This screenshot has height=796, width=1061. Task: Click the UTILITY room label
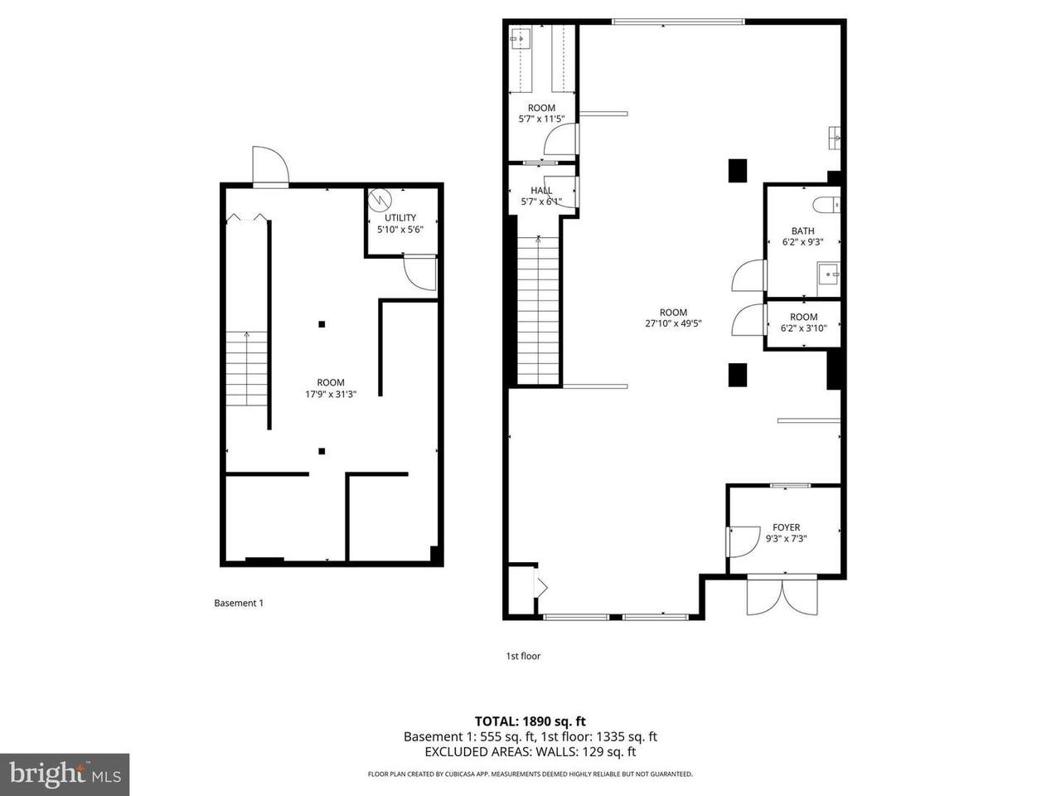click(x=400, y=217)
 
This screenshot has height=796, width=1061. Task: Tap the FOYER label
click(x=786, y=527)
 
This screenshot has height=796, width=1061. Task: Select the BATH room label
click(x=802, y=231)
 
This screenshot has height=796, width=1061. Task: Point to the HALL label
click(x=541, y=191)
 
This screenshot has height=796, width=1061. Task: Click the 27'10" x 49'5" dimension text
click(x=673, y=324)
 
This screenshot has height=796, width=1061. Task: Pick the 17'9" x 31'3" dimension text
click(x=331, y=394)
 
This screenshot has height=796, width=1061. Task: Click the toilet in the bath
click(x=826, y=206)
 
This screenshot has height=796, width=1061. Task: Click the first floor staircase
click(x=539, y=309)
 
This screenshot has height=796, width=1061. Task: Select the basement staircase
click(x=246, y=368)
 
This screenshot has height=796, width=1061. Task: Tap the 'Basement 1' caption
click(x=239, y=603)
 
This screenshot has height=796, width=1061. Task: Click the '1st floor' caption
click(x=523, y=656)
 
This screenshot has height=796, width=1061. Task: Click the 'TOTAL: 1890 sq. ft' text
click(x=530, y=721)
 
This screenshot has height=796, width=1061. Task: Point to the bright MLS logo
click(x=65, y=774)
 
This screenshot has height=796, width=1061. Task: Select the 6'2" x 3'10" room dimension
click(x=803, y=328)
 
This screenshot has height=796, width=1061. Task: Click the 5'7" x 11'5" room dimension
click(x=541, y=119)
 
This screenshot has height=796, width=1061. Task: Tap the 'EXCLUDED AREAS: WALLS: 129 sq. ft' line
click(x=530, y=752)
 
